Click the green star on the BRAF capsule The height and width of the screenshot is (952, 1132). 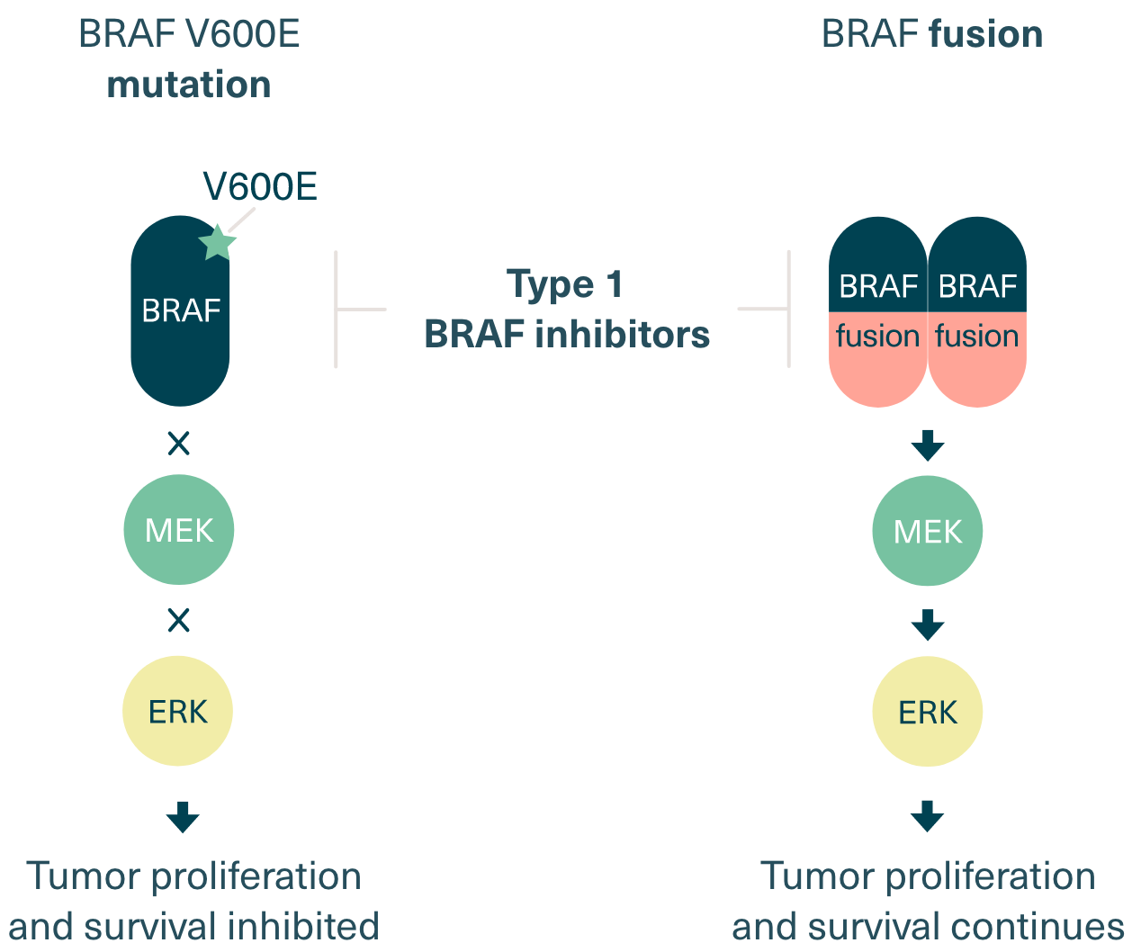click(x=217, y=242)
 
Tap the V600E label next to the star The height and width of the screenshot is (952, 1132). click(x=260, y=187)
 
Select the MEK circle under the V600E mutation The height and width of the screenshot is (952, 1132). click(x=179, y=530)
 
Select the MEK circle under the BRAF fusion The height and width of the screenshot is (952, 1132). click(x=928, y=531)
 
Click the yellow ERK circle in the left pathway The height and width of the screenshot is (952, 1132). click(x=178, y=712)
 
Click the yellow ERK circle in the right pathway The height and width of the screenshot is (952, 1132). click(x=928, y=713)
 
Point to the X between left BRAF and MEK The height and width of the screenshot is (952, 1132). click(x=179, y=443)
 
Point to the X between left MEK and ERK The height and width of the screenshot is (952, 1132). click(x=179, y=620)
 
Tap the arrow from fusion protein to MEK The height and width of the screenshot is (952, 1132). click(x=928, y=445)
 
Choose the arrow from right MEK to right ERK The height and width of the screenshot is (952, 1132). click(x=928, y=624)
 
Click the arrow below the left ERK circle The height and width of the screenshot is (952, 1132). click(x=183, y=817)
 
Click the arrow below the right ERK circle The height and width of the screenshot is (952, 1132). click(x=928, y=817)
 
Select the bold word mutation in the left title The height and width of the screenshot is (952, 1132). click(x=189, y=85)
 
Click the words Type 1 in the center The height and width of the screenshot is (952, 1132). click(x=566, y=284)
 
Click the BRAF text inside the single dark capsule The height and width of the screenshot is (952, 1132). click(x=181, y=310)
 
